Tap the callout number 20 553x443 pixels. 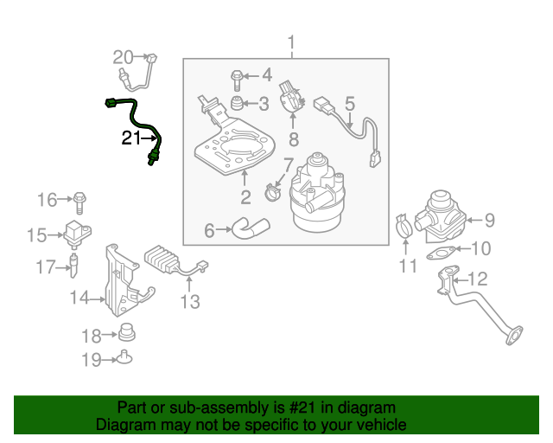pos(125,58)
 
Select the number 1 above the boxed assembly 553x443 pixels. pos(291,42)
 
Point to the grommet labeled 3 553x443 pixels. pos(234,106)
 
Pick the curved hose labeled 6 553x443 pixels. pos(251,228)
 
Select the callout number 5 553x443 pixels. pos(349,106)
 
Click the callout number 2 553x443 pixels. pos(245,196)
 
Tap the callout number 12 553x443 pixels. pos(478,279)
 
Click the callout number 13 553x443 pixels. pos(190,301)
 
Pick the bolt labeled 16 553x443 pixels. pos(79,201)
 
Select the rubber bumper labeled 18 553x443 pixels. pos(128,333)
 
